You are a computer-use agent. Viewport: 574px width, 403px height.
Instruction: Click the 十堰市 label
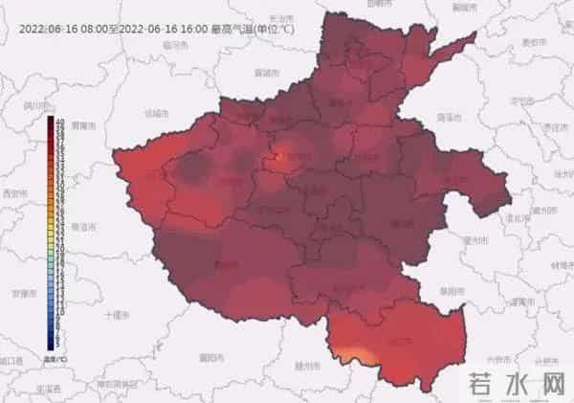(x=115, y=314)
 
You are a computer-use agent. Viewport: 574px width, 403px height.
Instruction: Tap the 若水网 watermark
(x=520, y=385)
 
